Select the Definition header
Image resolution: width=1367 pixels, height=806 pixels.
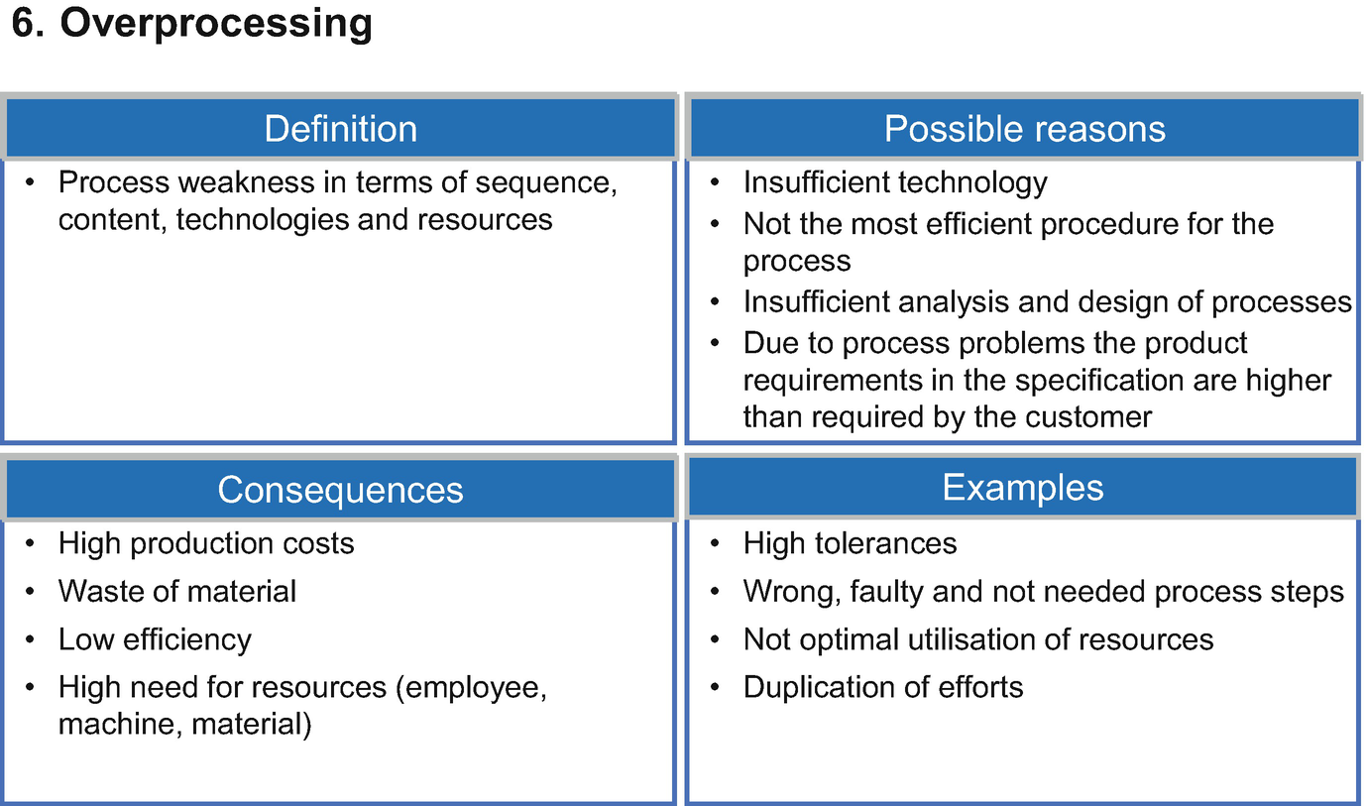(x=341, y=129)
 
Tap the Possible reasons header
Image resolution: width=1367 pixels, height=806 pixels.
(x=1025, y=129)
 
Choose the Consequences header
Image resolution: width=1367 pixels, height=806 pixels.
(x=341, y=490)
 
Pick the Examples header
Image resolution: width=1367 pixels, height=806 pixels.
(x=1023, y=487)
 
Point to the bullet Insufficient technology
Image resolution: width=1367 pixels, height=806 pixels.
(x=895, y=182)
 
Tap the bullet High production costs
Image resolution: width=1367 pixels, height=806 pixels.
(x=205, y=543)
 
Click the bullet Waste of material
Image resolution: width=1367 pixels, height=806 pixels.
(x=177, y=591)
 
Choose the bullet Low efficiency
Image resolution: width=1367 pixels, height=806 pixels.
(x=155, y=640)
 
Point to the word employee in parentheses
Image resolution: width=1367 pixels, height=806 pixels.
(x=471, y=688)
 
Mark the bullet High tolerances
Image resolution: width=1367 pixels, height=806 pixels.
(x=850, y=543)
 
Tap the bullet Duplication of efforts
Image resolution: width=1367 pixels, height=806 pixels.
(x=882, y=687)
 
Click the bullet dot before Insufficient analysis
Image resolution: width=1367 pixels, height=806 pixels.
(x=716, y=301)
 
